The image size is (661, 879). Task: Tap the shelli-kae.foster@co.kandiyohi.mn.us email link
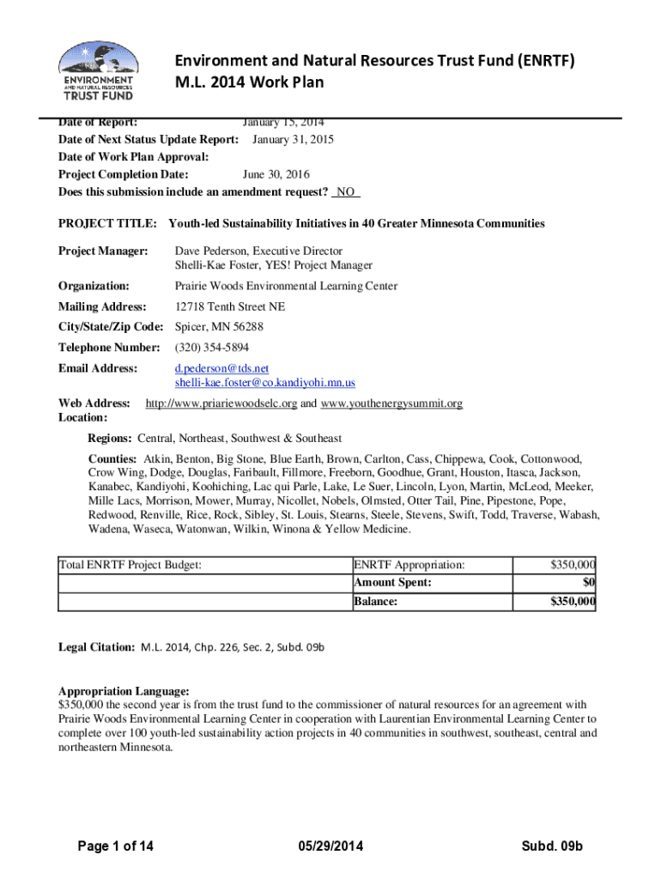point(264,382)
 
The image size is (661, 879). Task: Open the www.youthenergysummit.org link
point(391,403)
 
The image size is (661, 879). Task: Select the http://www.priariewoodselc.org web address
point(221,403)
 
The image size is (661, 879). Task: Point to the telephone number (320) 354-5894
point(212,348)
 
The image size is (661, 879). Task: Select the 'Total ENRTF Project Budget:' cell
point(130,565)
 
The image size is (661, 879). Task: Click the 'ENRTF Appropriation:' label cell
point(409,565)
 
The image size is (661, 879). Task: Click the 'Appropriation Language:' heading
point(124,691)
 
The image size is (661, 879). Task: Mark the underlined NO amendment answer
point(347,191)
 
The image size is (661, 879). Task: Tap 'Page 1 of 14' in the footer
point(116,847)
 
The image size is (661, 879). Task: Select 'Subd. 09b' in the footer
point(552,847)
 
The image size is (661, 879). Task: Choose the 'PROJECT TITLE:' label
point(107,223)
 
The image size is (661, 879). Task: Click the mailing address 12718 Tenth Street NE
point(230,306)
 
